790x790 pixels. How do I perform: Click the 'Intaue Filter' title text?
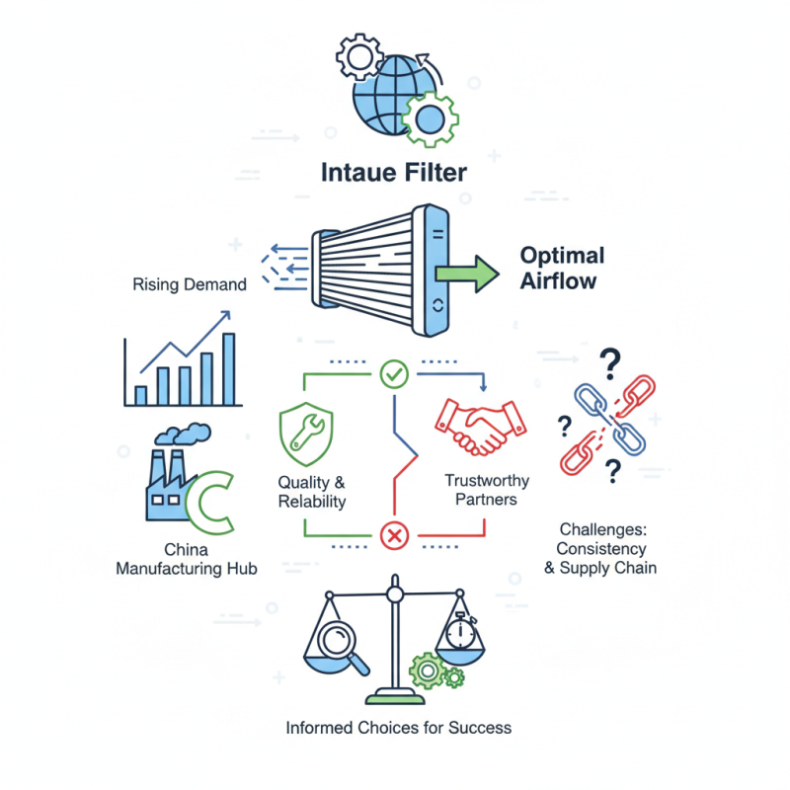[394, 173]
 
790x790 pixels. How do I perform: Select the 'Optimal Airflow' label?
[562, 268]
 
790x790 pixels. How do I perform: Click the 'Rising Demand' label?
[189, 284]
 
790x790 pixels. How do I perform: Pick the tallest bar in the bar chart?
[229, 369]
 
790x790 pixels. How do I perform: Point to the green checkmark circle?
[394, 374]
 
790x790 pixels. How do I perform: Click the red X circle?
[394, 536]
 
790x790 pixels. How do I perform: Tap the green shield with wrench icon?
[308, 430]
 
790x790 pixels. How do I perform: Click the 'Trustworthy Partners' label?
[487, 490]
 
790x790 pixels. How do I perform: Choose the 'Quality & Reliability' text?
[312, 492]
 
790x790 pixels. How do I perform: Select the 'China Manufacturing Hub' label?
[187, 559]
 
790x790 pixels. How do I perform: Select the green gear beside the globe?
[430, 118]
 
